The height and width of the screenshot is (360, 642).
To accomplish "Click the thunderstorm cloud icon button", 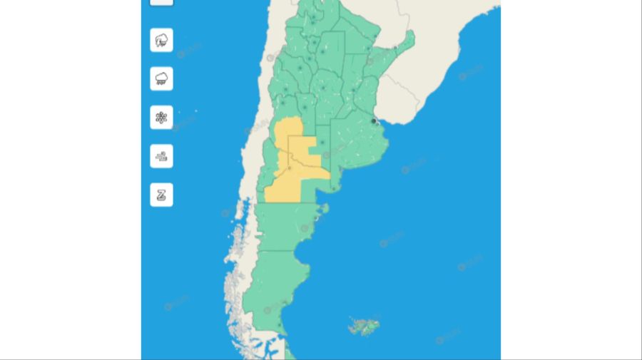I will click(161, 40).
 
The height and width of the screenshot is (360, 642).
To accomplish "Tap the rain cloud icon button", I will click(161, 78).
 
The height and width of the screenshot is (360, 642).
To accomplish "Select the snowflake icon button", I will click(161, 117).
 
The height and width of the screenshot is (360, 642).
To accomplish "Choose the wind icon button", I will click(161, 155).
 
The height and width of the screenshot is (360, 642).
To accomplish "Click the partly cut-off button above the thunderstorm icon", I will click(161, 2).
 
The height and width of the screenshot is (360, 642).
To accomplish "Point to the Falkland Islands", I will click(364, 326).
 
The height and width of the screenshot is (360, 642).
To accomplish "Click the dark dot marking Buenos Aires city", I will click(374, 121).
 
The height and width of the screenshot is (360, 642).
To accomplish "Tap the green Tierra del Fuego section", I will click(290, 351).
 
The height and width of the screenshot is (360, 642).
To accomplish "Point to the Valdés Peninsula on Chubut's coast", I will click(325, 210).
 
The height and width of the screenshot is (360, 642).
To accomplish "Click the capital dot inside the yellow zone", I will click(289, 168).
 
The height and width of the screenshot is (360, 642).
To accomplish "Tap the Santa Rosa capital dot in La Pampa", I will click(322, 142).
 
